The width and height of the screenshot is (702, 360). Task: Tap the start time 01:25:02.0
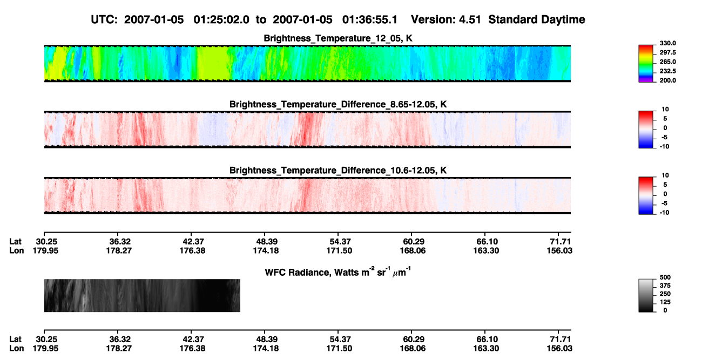[x=221, y=20]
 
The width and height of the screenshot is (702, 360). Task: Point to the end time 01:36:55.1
[x=370, y=20]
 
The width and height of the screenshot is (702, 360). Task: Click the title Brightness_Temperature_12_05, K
[x=338, y=38]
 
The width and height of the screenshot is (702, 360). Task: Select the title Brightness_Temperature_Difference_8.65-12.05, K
[x=338, y=104]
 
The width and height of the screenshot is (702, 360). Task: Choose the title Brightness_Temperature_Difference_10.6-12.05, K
[x=338, y=171]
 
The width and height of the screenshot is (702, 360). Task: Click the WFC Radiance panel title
[x=338, y=271]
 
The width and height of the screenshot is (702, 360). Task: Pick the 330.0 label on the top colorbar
[x=667, y=43]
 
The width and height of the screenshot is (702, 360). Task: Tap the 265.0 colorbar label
[x=667, y=62]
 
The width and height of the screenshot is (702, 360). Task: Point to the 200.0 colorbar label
[x=667, y=80]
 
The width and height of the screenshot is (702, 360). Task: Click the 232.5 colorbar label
[x=667, y=71]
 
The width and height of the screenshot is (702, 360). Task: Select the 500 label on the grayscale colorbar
[x=665, y=277]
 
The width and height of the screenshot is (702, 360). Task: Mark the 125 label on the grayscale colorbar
[x=665, y=302]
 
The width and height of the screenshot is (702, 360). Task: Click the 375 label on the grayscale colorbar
[x=665, y=286]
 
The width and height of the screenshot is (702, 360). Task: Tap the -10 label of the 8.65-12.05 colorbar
[x=664, y=146]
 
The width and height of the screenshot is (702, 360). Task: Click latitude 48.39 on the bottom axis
[x=267, y=339]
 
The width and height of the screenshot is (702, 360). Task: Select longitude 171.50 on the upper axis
[x=339, y=250]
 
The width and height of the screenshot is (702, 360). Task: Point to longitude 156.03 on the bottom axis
[x=559, y=349]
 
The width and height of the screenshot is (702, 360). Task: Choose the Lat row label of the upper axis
[x=15, y=242]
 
